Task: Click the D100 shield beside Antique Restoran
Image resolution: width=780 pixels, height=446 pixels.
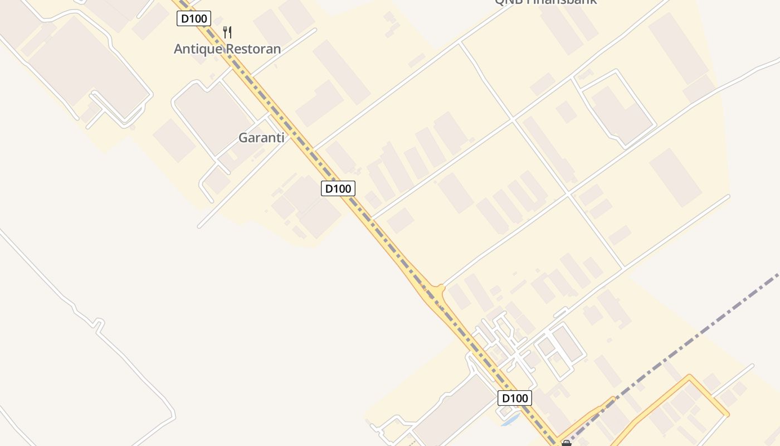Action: click(x=194, y=18)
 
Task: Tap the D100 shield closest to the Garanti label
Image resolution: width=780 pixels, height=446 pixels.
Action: click(x=338, y=188)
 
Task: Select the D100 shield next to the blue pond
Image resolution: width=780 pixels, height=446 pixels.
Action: click(x=514, y=398)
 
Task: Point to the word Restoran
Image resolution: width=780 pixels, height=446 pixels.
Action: click(x=253, y=49)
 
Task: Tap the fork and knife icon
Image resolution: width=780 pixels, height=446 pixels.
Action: click(x=227, y=32)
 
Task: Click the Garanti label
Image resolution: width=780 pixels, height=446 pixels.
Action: click(x=261, y=138)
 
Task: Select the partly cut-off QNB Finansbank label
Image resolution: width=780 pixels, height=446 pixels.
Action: click(x=546, y=2)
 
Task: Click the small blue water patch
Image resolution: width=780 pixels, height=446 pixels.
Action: click(x=510, y=419)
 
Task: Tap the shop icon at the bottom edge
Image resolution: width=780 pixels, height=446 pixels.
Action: click(x=567, y=443)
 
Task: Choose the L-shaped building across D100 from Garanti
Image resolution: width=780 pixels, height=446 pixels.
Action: click(x=320, y=103)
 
